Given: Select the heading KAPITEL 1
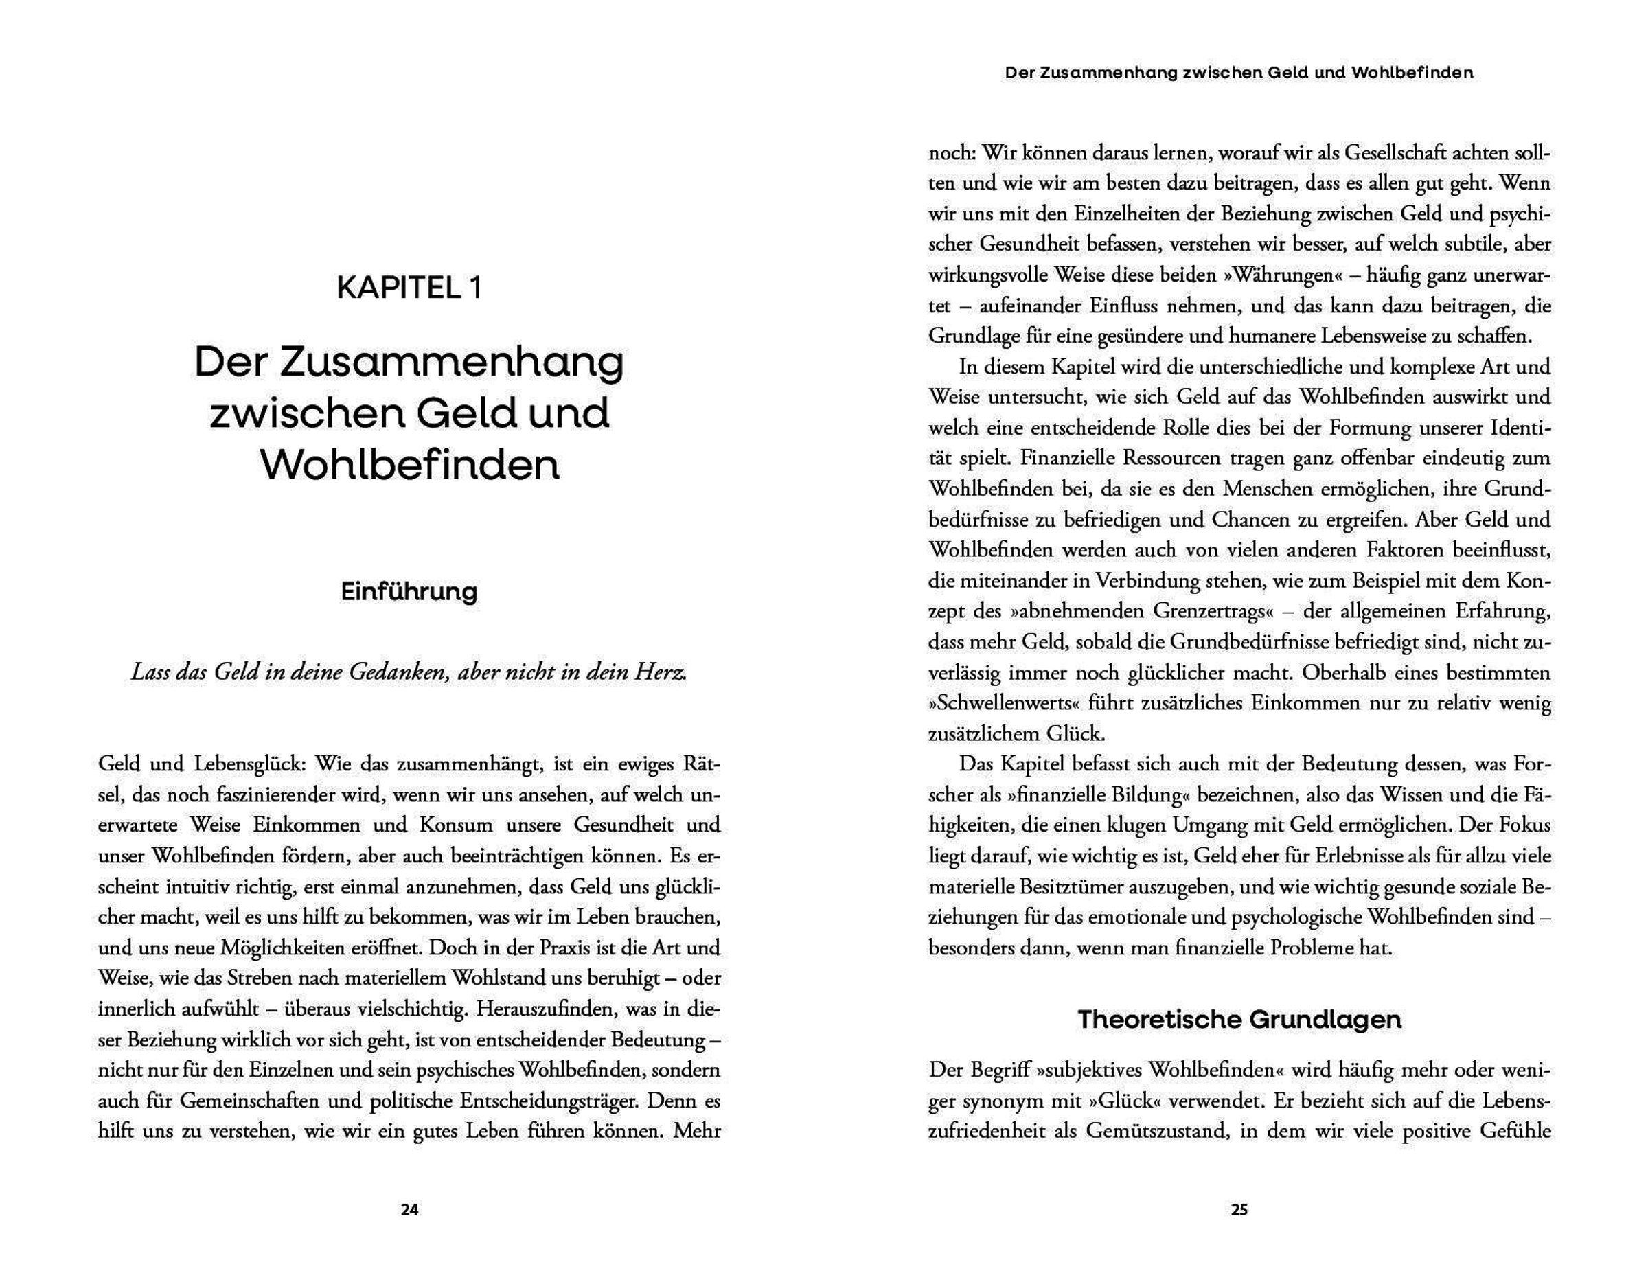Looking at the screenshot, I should (409, 288).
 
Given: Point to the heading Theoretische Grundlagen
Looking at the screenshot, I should (1239, 1020).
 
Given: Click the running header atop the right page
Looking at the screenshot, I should (1239, 73).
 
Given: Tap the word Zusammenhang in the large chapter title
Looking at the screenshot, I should (451, 363).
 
